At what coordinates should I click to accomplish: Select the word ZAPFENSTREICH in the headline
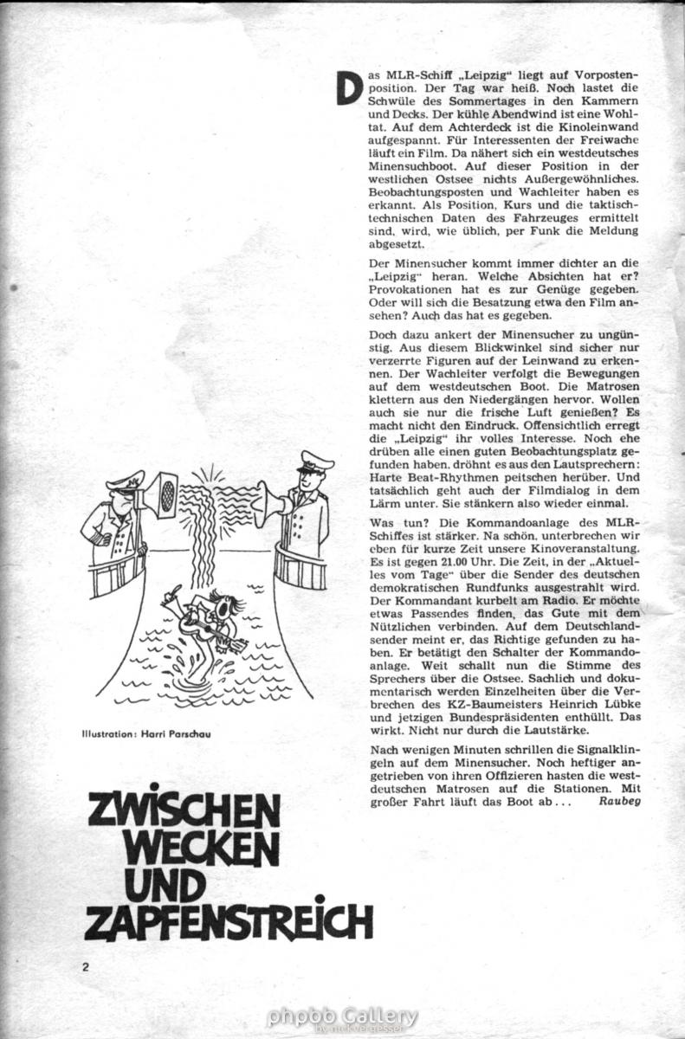click(x=229, y=922)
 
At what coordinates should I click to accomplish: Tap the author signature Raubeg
click(x=617, y=801)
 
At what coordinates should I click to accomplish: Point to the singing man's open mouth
click(x=225, y=609)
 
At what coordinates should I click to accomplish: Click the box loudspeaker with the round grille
click(x=162, y=494)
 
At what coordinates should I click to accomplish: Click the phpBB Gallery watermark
click(x=342, y=1017)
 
